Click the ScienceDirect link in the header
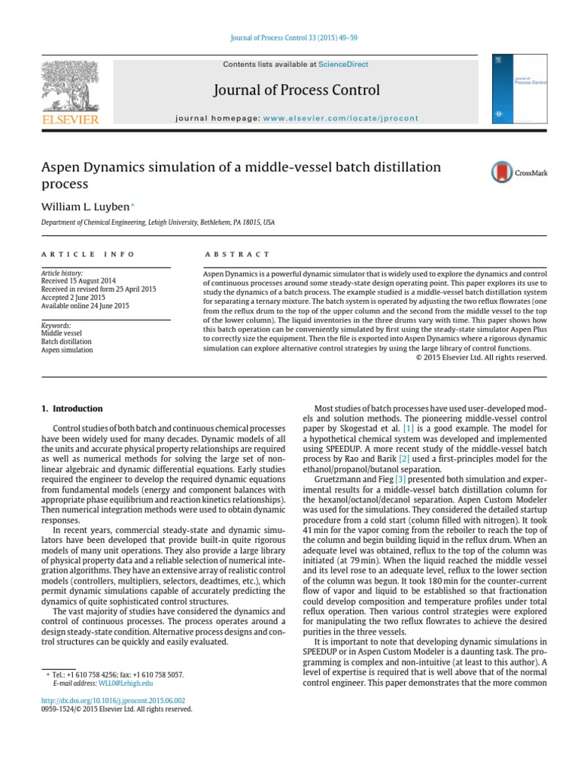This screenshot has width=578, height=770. (343, 65)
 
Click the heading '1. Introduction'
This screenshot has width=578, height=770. (71, 409)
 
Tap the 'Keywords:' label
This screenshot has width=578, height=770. (56, 326)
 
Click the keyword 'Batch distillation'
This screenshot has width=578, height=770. (67, 341)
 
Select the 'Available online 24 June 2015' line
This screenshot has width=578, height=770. (85, 306)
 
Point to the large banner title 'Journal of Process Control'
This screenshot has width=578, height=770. (297, 90)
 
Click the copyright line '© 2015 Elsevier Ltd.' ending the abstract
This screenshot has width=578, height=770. (481, 357)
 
